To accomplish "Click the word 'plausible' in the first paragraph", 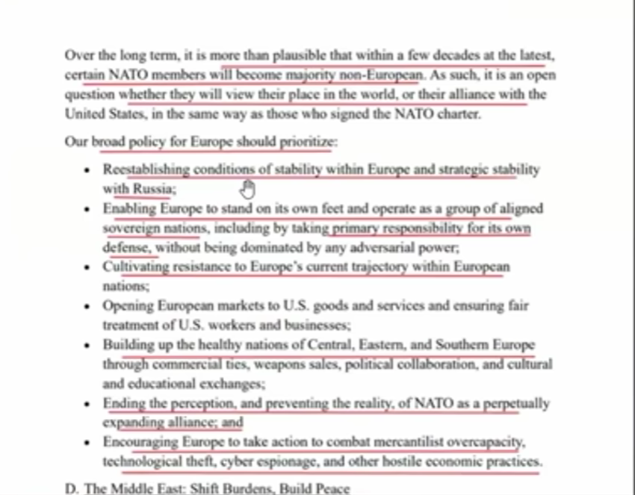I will (296, 56).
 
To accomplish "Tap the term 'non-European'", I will (388, 75).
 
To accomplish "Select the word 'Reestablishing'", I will (146, 169).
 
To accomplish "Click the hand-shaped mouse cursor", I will (248, 188).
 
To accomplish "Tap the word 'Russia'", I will (153, 189).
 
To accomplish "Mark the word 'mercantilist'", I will (409, 442).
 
